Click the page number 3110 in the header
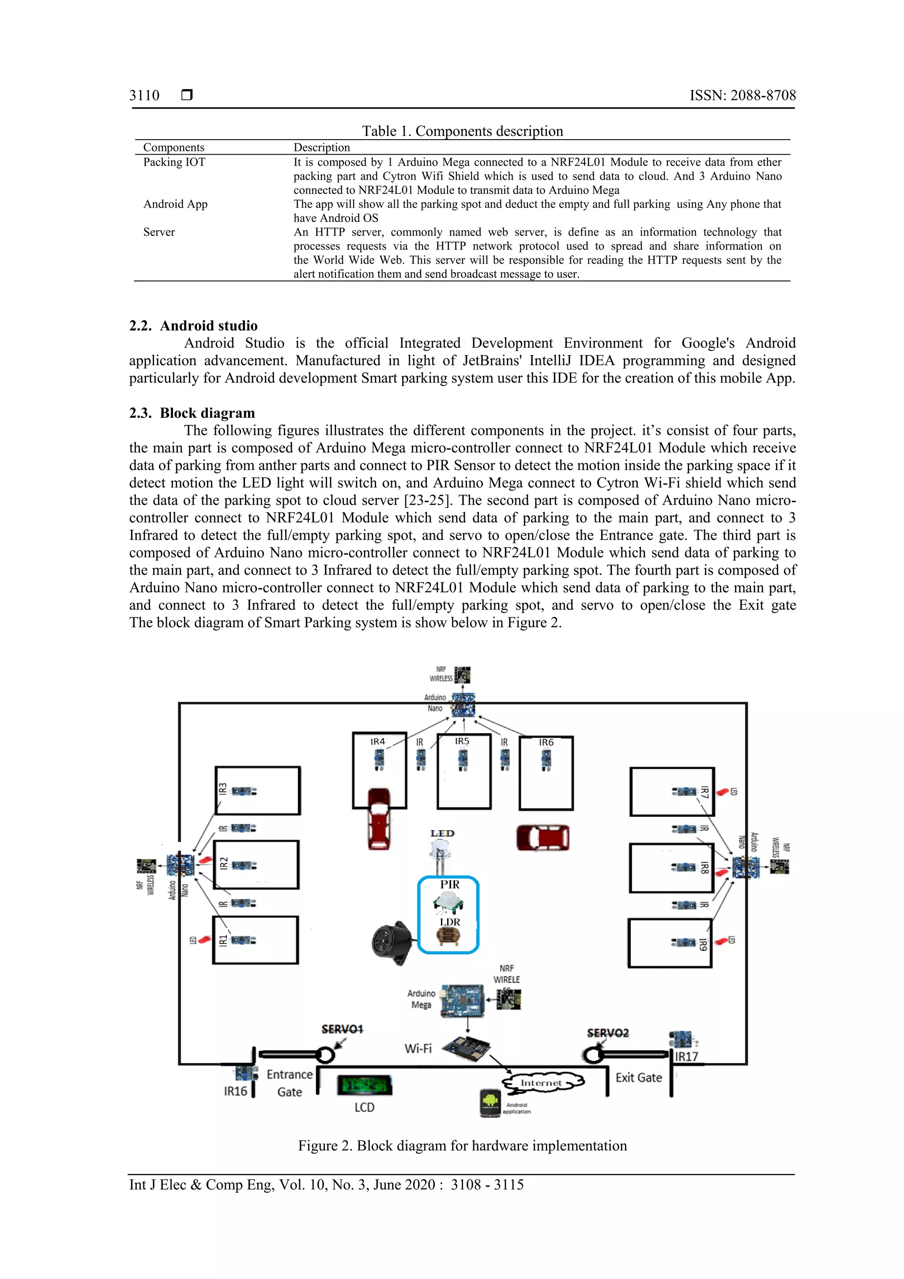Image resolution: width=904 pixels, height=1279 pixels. [144, 95]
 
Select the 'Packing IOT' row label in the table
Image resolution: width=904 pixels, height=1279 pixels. [174, 162]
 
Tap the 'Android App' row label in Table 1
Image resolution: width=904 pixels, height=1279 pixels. [175, 204]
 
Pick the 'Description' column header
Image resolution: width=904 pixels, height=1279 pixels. [322, 148]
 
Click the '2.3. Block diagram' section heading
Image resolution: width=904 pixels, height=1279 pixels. [192, 413]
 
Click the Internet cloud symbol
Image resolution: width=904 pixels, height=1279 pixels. [542, 1082]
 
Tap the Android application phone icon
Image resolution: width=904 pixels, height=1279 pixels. [490, 1102]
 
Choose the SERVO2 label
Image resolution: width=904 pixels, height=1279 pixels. [608, 1033]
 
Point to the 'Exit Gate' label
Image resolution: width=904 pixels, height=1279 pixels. [638, 1077]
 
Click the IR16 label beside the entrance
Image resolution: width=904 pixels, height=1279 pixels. [235, 1091]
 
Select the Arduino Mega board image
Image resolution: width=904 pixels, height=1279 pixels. [462, 1000]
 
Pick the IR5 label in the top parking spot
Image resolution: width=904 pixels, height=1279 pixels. [462, 742]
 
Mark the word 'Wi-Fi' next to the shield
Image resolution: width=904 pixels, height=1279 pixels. [418, 1048]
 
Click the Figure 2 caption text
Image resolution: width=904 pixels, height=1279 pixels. [462, 1146]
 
